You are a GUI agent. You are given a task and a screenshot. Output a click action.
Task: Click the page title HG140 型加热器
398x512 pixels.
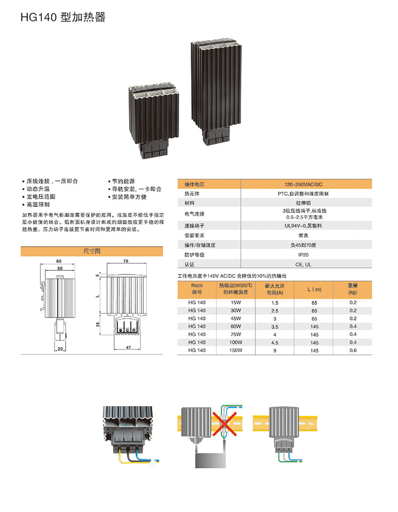coord(63,17)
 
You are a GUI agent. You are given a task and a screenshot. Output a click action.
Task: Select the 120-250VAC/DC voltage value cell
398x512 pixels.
coord(303,184)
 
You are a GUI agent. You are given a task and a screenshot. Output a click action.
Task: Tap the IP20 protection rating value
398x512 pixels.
coord(303,255)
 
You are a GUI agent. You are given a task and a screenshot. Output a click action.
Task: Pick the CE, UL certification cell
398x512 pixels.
coord(303,264)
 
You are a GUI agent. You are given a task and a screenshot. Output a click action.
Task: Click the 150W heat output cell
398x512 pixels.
coord(236,350)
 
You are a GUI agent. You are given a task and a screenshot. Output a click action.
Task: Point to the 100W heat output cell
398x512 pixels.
coord(236,342)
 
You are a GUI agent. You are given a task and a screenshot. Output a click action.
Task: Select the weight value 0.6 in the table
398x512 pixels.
coord(353,350)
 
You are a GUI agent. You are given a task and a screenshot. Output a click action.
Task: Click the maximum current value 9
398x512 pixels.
coord(275,350)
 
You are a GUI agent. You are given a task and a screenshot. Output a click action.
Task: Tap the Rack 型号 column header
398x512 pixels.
coord(197,289)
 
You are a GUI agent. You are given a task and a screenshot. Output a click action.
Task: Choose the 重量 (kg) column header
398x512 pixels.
coord(353,289)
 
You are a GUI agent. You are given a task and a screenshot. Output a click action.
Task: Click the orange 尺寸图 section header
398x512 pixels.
coord(92,251)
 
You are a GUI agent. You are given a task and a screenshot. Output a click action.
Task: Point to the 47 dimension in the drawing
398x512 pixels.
coord(128,347)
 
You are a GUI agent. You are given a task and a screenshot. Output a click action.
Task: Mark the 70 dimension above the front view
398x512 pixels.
coord(126,261)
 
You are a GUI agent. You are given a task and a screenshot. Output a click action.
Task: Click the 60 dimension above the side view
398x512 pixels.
coord(59,261)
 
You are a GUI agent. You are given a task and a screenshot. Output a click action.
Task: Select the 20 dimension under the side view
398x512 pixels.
coord(60,349)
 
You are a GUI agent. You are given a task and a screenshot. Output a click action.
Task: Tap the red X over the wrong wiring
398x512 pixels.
coord(224,424)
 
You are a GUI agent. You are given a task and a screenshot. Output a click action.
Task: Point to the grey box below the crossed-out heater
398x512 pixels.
coord(210,460)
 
